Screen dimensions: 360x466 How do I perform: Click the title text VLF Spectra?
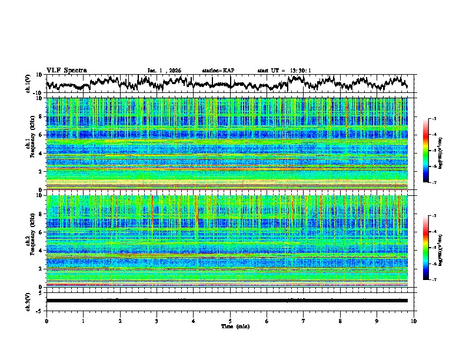pyautogui.click(x=66, y=71)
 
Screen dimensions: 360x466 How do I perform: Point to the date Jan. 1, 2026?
pyautogui.click(x=164, y=71)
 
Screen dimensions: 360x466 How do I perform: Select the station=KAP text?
pyautogui.click(x=218, y=71)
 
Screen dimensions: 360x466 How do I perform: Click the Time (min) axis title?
pyautogui.click(x=235, y=326)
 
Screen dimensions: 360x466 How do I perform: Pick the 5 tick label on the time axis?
pyautogui.click(x=230, y=321)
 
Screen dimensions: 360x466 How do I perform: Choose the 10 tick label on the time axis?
pyautogui.click(x=414, y=321)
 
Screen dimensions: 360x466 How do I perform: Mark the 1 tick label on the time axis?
pyautogui.click(x=83, y=321)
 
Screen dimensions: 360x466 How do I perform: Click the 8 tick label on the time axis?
pyautogui.click(x=340, y=321)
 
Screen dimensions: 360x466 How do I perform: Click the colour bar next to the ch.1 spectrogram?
pyautogui.click(x=432, y=151)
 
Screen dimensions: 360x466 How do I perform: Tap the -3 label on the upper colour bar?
pyautogui.click(x=441, y=119)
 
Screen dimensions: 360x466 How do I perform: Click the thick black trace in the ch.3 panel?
pyautogui.click(x=227, y=301)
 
